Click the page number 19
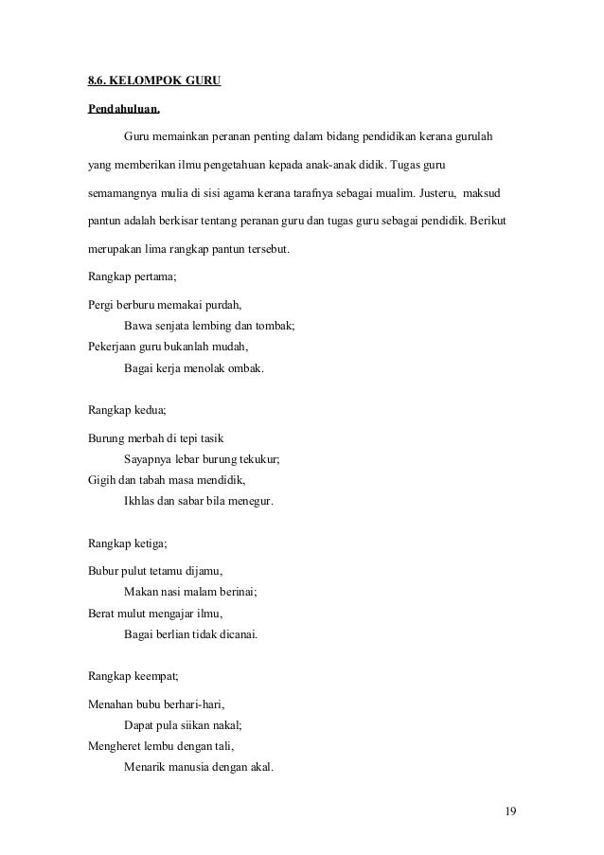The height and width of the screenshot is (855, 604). click(x=510, y=811)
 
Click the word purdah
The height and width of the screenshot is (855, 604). click(x=222, y=305)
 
